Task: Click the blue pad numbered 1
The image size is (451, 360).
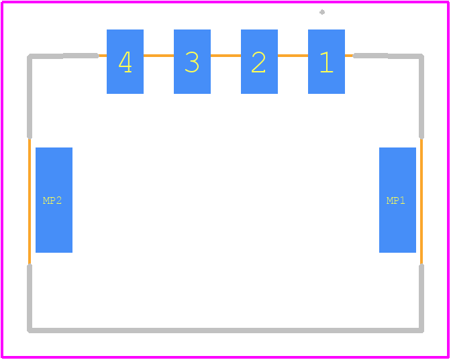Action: coord(326,62)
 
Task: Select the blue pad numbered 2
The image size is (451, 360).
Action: coord(259,62)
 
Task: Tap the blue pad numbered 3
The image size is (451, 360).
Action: coord(192,62)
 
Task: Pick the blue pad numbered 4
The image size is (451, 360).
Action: coord(125,62)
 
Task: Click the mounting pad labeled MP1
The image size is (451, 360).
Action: coord(397,200)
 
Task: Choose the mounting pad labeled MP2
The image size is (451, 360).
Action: coord(54,200)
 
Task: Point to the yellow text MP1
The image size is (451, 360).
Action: coord(396,200)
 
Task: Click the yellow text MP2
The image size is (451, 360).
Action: coord(52,200)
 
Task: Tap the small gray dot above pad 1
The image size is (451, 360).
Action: coord(322,12)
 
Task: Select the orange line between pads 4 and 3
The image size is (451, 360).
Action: coord(158,56)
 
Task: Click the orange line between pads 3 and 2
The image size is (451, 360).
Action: coord(225,56)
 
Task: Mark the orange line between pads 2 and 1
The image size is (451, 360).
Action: coord(293,56)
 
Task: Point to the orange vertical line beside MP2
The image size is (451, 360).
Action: coord(30,201)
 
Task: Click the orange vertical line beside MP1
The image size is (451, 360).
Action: coord(421,201)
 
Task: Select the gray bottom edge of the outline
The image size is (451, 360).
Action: coord(225,331)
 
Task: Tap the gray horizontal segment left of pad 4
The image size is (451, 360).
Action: coord(63,56)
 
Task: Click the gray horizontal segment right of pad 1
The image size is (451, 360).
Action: coord(389,56)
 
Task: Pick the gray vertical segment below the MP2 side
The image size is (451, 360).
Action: coord(30,298)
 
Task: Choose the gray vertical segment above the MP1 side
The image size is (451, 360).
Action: coord(421,97)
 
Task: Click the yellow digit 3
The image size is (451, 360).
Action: coord(192,62)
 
